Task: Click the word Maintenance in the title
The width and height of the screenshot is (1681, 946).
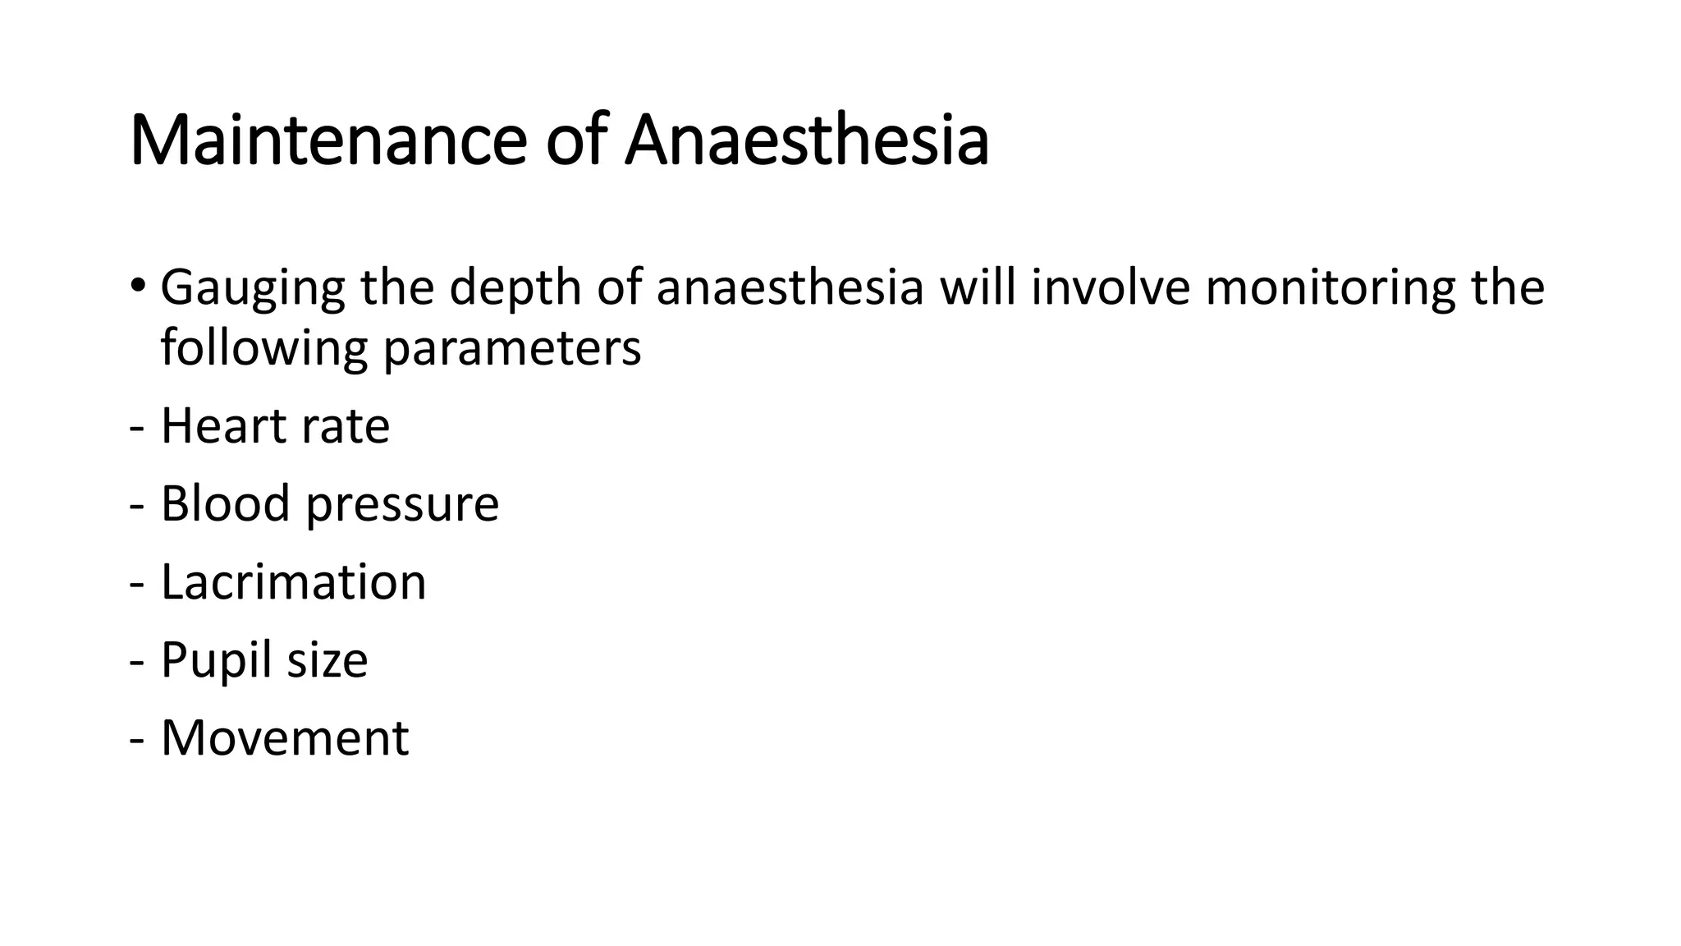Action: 327,141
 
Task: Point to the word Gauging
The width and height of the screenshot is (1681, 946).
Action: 252,289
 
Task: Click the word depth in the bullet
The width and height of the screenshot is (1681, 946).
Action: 514,289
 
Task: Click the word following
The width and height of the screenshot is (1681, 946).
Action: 263,348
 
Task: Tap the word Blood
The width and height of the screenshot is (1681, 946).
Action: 225,503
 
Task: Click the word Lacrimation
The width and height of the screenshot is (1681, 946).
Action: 293,581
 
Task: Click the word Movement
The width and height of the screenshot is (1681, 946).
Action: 284,737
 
